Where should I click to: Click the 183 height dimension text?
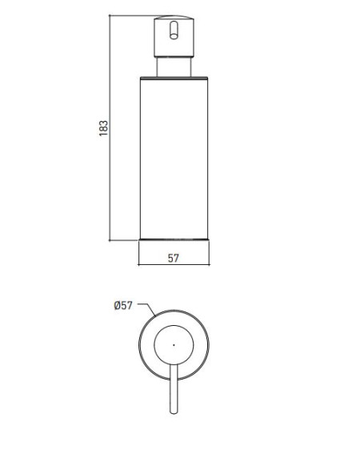click(x=103, y=128)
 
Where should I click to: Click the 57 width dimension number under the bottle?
click(x=174, y=258)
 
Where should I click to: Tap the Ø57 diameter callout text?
click(x=123, y=305)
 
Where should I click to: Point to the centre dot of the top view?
click(x=174, y=345)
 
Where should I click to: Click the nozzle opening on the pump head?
click(x=174, y=30)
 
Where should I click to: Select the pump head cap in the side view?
click(x=174, y=36)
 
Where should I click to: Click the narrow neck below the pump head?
click(x=174, y=67)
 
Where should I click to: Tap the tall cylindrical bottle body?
click(x=174, y=159)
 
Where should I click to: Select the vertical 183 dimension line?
click(x=110, y=127)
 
